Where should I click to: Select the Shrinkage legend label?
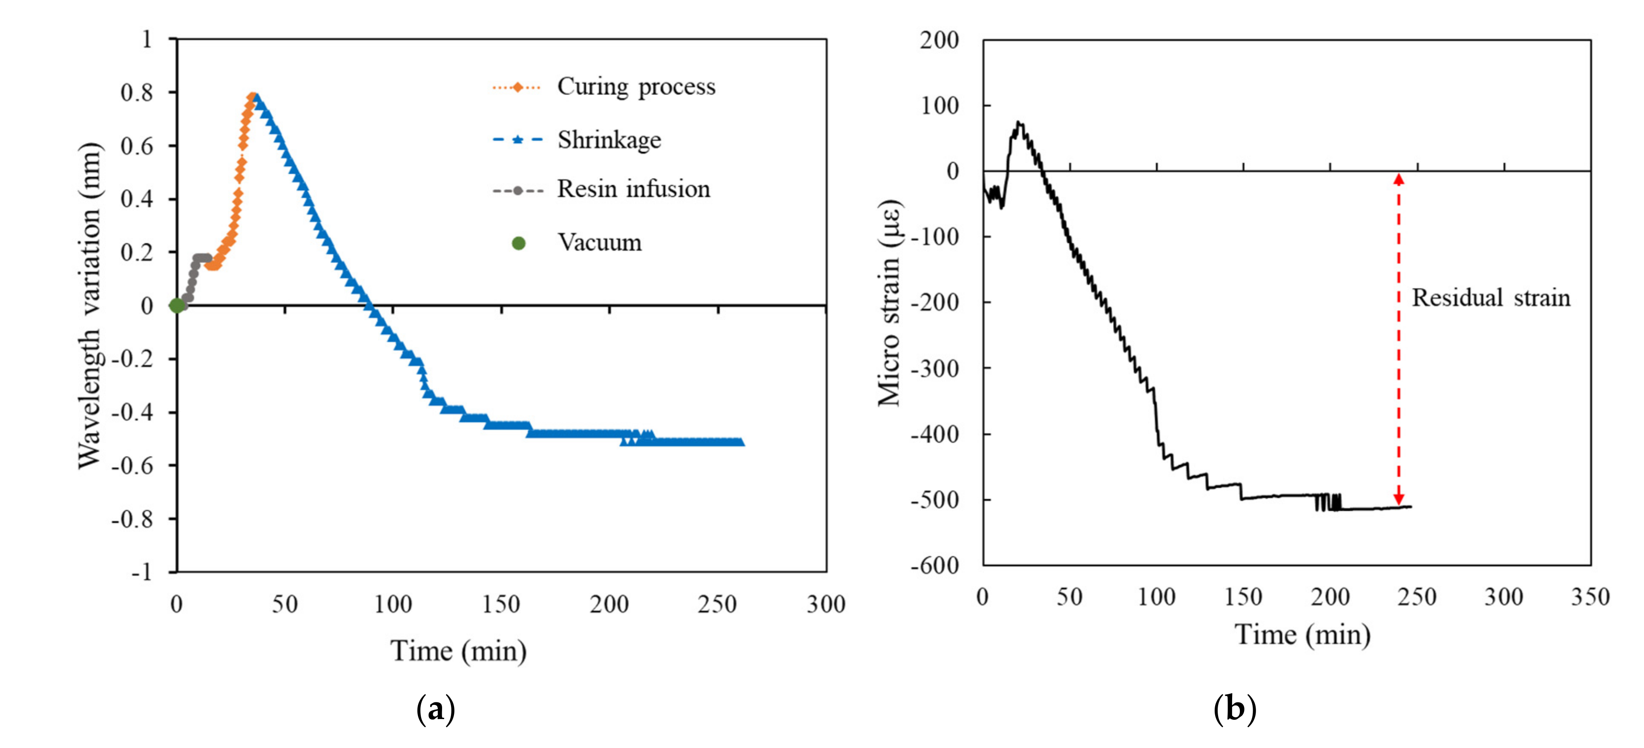(609, 140)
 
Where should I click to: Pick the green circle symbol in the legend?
(518, 243)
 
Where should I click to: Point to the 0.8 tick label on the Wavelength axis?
(137, 93)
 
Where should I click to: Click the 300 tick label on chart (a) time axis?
(826, 604)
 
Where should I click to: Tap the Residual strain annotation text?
(1490, 298)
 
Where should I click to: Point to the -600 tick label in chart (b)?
(935, 565)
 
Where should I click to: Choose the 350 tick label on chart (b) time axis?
(1590, 597)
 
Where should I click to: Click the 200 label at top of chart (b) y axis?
(939, 40)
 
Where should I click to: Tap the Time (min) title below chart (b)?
(1302, 635)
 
